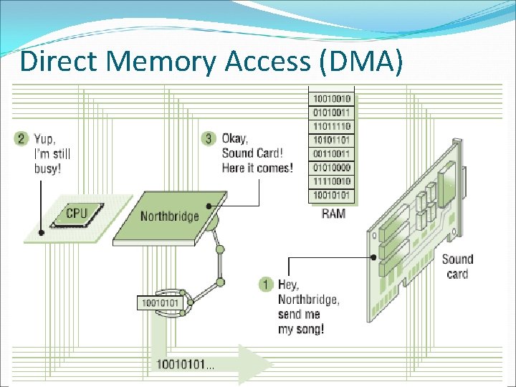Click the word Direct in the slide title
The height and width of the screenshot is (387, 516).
(x=60, y=62)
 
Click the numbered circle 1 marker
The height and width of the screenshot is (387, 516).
(x=267, y=285)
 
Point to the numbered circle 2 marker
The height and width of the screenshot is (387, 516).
(x=21, y=138)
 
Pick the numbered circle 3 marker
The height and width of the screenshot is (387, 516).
(x=209, y=138)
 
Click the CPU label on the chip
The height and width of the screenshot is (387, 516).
(x=76, y=213)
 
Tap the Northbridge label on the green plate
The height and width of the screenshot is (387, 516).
(x=169, y=216)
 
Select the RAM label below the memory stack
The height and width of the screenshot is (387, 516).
(x=333, y=213)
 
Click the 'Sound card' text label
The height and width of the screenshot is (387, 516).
(x=457, y=266)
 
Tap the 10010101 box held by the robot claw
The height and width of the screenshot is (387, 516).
(x=161, y=302)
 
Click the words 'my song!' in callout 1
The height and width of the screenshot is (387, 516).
(x=301, y=329)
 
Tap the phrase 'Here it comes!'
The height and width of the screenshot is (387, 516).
(x=257, y=168)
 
